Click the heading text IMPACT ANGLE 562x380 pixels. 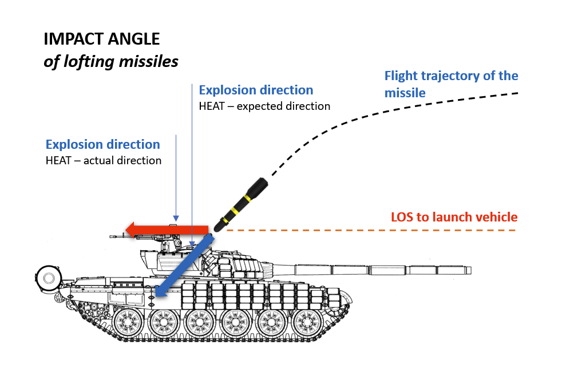point(102,39)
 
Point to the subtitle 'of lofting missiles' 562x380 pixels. point(111,61)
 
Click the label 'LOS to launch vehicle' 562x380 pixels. point(454,217)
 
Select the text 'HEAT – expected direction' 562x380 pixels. point(264,106)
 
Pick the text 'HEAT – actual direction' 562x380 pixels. point(104,160)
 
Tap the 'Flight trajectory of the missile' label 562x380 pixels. point(451,84)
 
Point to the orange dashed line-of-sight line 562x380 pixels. point(372,230)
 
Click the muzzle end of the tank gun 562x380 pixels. point(469,270)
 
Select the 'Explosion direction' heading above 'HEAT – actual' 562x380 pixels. point(103,145)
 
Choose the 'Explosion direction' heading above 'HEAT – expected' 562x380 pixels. point(256,90)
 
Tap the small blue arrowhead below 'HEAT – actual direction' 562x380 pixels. point(176,219)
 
